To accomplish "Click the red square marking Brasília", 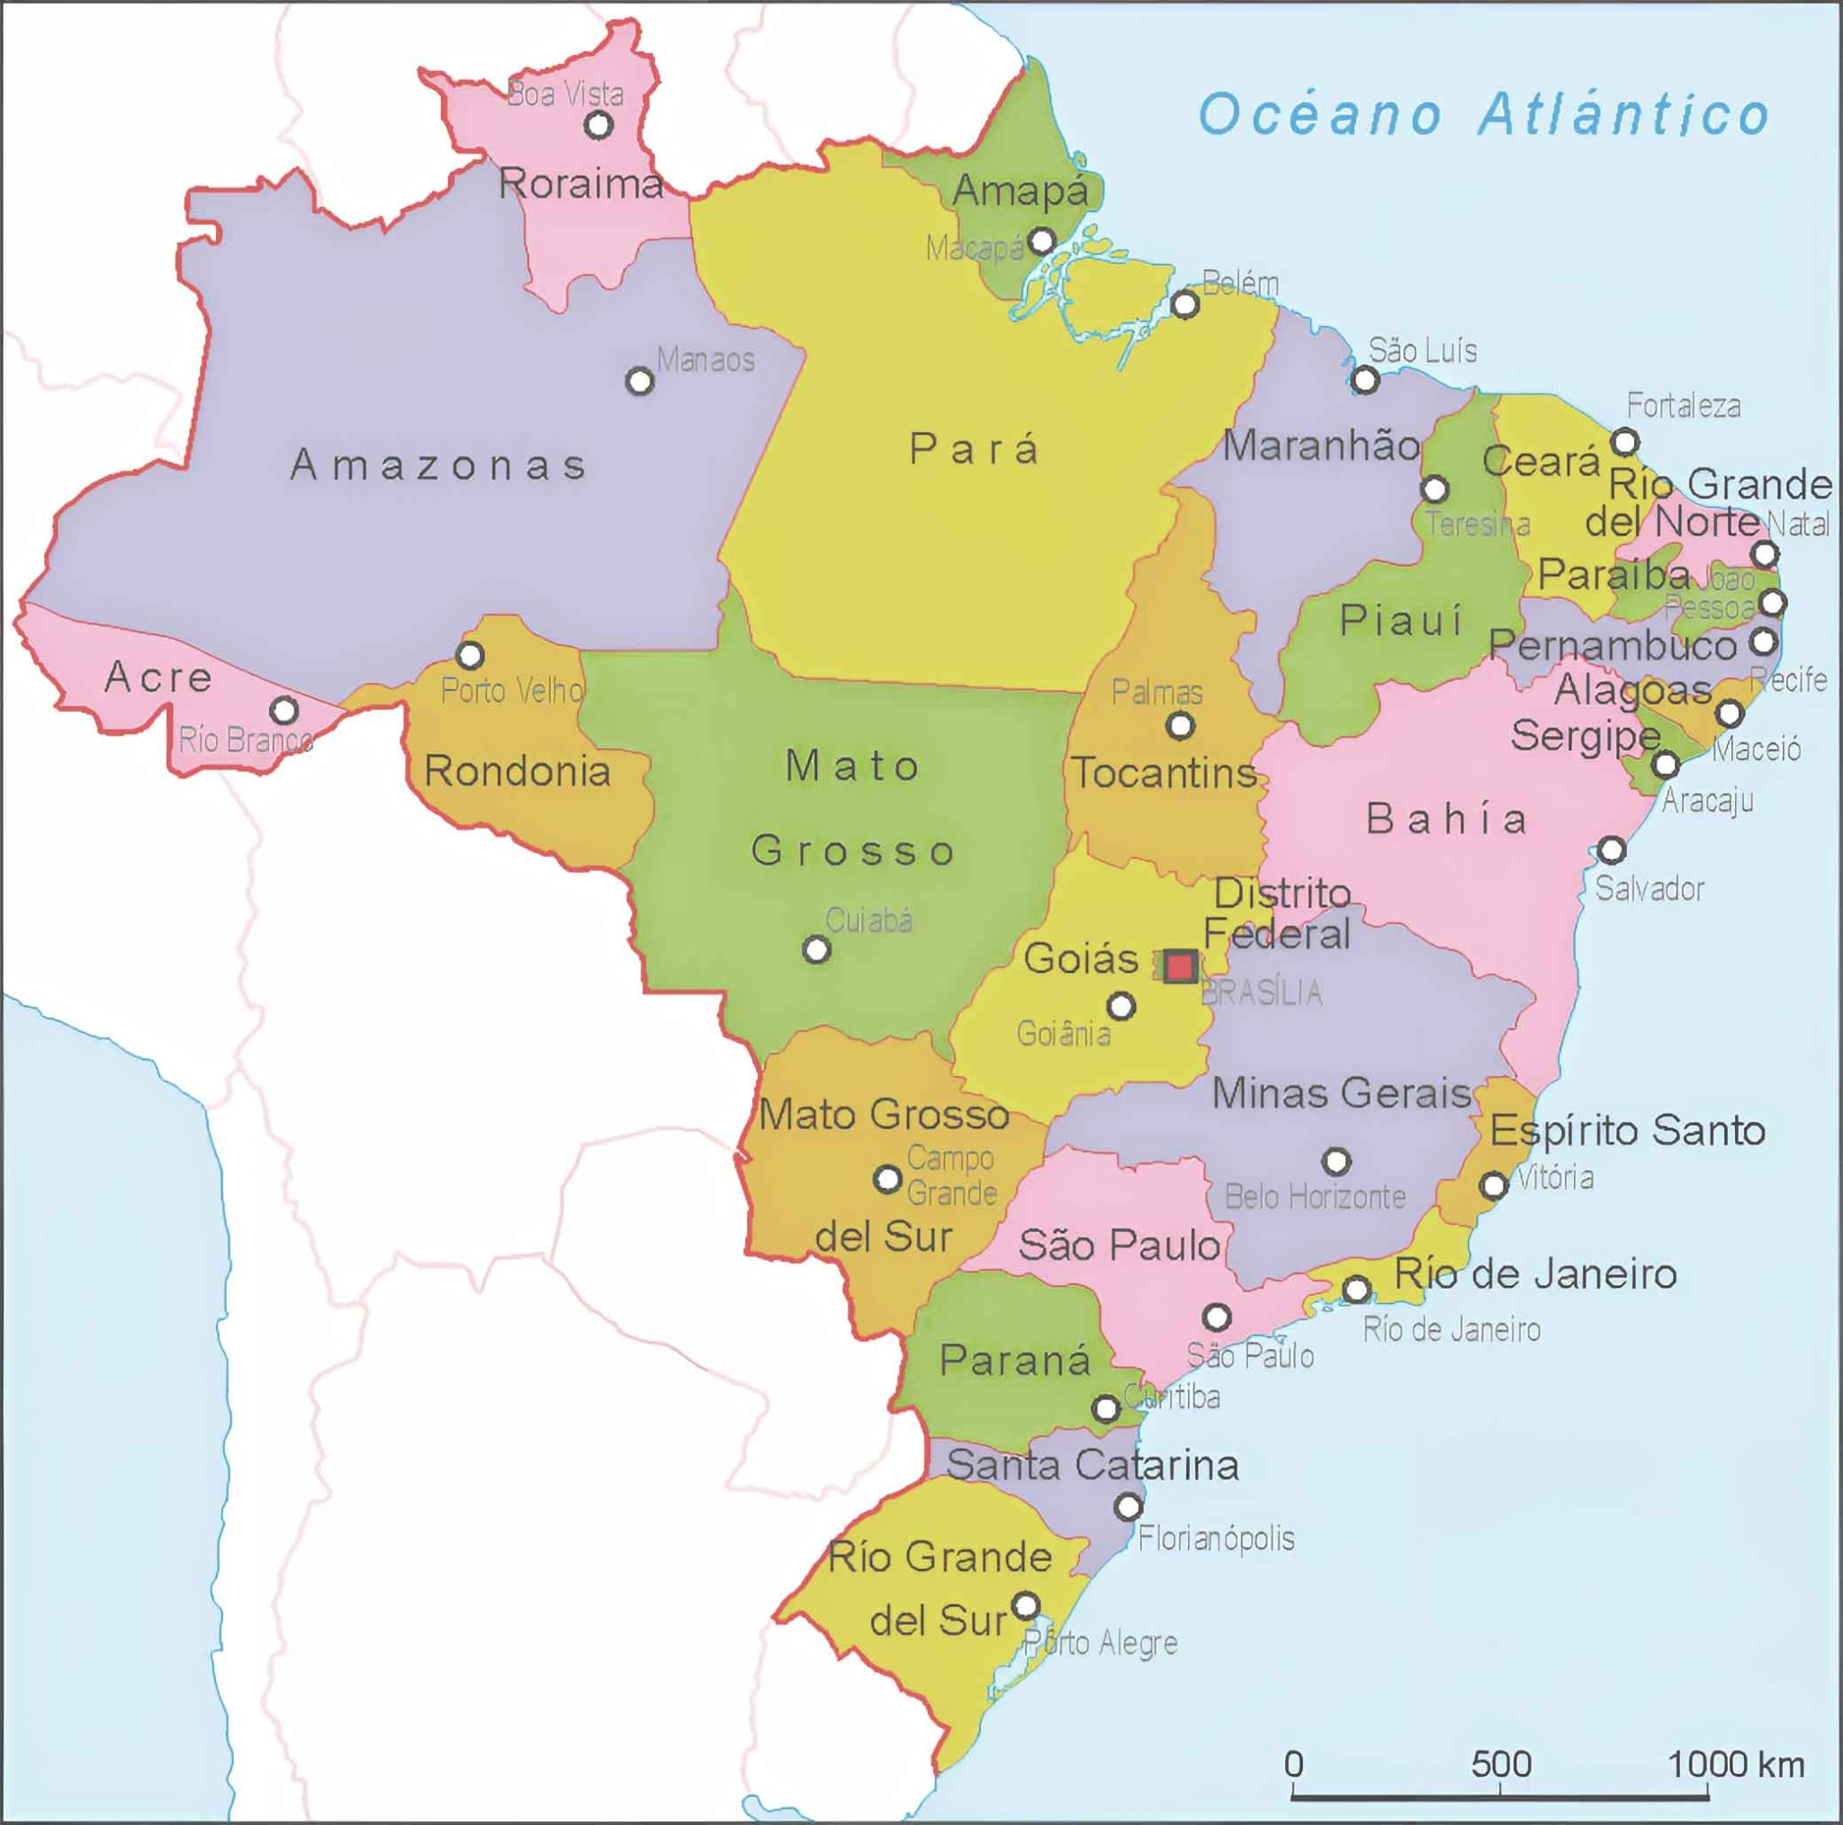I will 1181,966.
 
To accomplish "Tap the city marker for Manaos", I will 639,382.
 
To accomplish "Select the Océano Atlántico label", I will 1483,114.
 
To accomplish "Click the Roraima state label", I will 581,184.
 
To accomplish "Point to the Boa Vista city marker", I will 598,124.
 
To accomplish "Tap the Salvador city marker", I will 1611,850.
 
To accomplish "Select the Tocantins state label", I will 1164,773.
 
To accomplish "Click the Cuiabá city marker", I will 815,949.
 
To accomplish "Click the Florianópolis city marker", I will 1128,1507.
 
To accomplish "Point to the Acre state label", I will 158,677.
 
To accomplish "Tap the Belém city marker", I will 1185,304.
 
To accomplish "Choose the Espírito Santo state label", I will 1627,1131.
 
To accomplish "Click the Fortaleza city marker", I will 1625,442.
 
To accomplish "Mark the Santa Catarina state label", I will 1092,1464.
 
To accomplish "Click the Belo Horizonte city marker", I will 1336,1161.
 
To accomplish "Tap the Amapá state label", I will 1020,191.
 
